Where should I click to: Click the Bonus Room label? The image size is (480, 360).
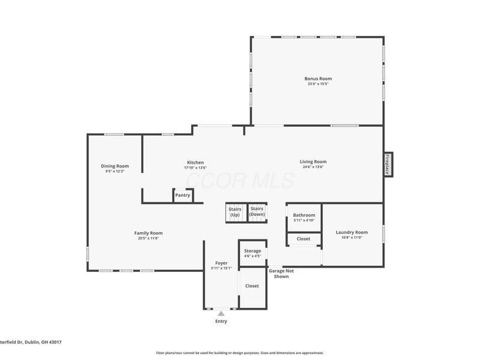[317, 79]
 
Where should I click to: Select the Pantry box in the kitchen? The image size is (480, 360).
[182, 195]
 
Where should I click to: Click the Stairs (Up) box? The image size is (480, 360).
[235, 212]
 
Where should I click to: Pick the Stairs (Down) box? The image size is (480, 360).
[257, 211]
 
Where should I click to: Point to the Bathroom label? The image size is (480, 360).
[303, 215]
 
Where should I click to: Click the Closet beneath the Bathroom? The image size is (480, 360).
[303, 239]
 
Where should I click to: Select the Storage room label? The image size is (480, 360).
[252, 251]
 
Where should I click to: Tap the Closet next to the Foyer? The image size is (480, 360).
[252, 286]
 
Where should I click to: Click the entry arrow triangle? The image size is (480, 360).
[221, 313]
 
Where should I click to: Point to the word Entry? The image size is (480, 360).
[221, 322]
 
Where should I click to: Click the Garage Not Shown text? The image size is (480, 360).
[281, 274]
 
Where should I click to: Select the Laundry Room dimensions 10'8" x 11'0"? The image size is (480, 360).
[352, 238]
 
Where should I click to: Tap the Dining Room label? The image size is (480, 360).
[114, 166]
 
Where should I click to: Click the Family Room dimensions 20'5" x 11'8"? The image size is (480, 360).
[148, 238]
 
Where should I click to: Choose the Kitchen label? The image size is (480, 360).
[196, 162]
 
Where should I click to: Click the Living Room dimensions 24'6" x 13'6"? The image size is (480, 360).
[313, 167]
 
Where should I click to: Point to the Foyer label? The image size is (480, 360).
[221, 263]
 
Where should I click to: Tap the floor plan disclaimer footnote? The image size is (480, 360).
[240, 353]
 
